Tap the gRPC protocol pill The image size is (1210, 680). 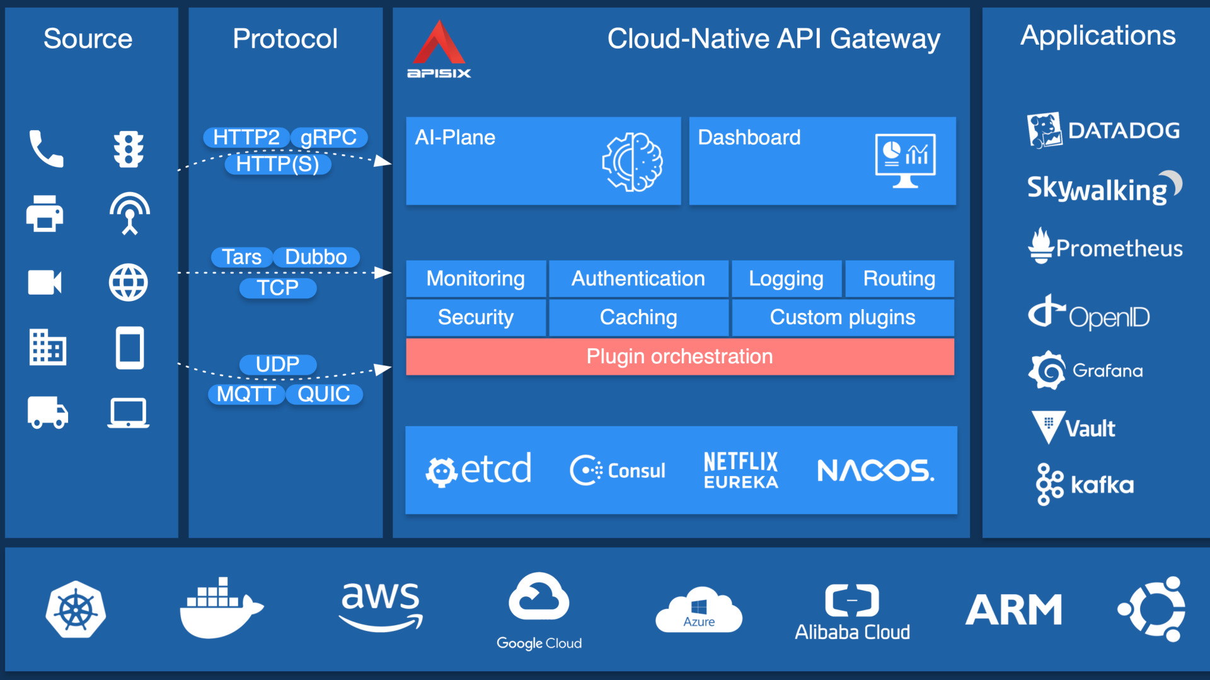pos(328,137)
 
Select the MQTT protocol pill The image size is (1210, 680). pos(246,394)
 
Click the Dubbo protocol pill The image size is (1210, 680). pos(316,257)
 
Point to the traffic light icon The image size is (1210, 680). pos(129,149)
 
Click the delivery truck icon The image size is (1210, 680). pos(47,412)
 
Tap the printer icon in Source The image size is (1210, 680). pos(45,213)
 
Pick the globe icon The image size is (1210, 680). pos(129,282)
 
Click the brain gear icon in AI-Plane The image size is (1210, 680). pos(632,162)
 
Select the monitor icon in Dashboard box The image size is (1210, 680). pos(905,161)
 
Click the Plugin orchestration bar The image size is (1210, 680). pos(679,356)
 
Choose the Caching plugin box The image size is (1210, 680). pos(638,317)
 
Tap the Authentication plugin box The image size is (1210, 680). pos(638,278)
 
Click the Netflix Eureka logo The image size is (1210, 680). pos(740,470)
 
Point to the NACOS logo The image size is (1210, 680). pos(875,470)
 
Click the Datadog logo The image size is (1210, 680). pos(1103,130)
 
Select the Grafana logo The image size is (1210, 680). pos(1086,370)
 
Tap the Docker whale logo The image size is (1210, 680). pos(221,608)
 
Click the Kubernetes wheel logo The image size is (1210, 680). pos(76,609)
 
